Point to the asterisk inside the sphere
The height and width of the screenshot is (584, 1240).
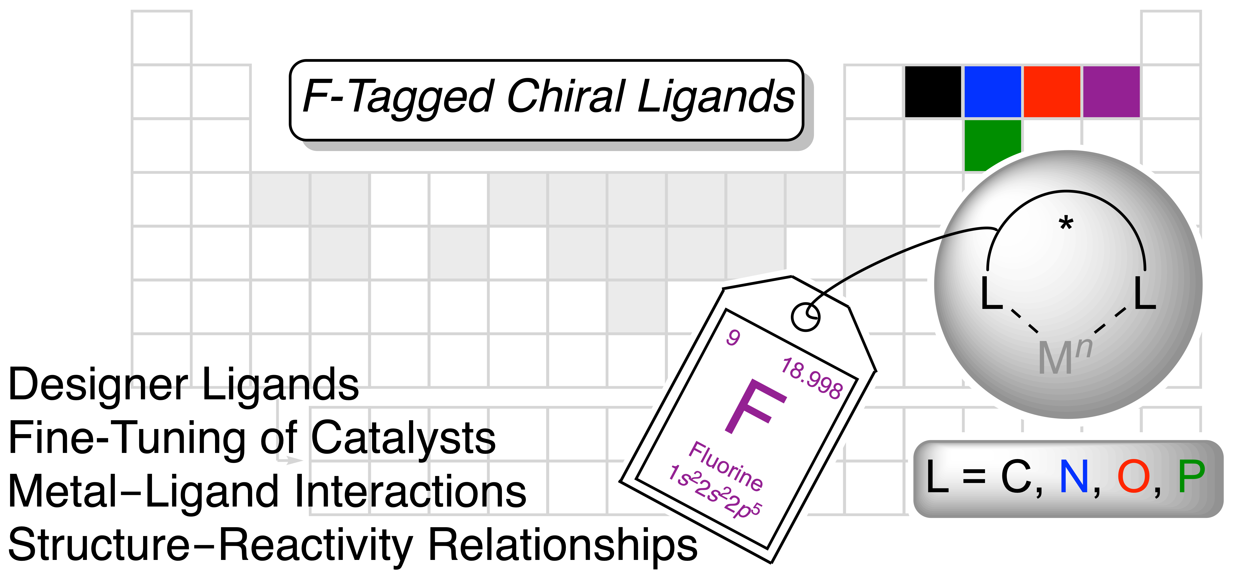[1066, 224]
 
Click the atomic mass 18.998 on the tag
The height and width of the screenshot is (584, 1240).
[812, 378]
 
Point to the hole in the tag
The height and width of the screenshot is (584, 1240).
[805, 317]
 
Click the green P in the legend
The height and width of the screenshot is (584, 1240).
[1191, 477]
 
